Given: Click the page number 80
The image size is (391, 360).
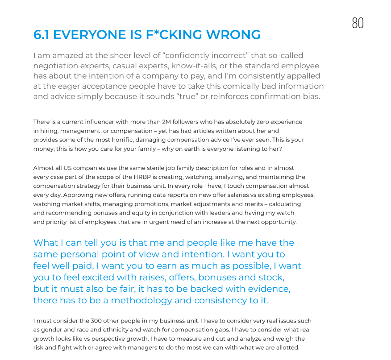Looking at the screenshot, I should point(358,23).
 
